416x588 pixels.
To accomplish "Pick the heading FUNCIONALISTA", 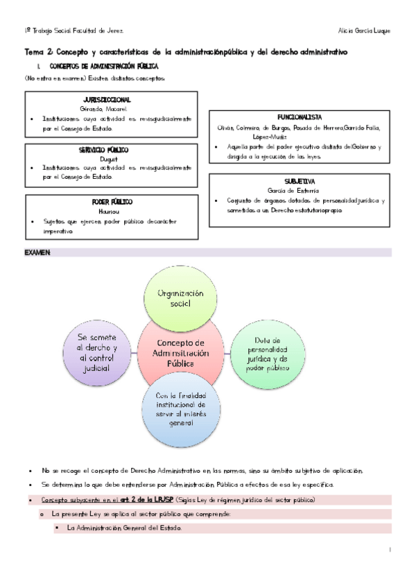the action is [300, 117].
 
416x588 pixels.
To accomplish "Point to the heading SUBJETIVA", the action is [300, 180].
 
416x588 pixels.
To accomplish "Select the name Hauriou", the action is [112, 210].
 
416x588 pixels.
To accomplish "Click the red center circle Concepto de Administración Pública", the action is [180, 354].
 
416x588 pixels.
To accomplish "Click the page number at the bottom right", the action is [391, 551].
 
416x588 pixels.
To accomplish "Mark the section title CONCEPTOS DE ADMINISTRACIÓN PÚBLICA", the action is [100, 67].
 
